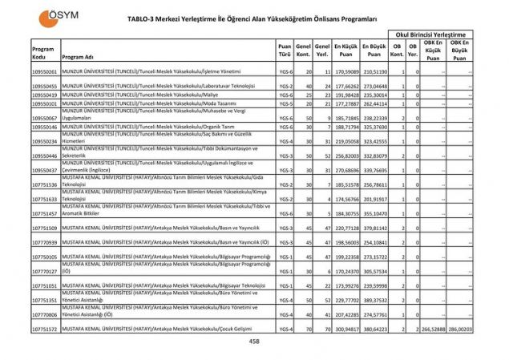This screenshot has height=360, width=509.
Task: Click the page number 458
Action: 254,342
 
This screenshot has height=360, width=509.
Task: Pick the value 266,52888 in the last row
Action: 432,329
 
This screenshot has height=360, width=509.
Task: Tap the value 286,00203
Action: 460,329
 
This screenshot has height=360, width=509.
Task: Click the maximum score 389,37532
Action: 374,300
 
